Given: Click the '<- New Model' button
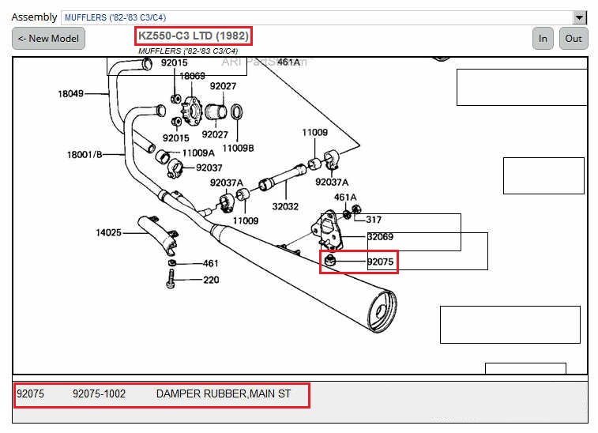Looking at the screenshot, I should point(48,38).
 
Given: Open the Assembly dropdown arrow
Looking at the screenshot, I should point(580,17).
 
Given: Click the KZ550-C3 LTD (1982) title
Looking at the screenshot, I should point(194,36).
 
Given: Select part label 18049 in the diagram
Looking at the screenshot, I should point(70,93).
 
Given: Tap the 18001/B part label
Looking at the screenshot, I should point(85,154).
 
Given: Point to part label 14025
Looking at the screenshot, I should point(109,232).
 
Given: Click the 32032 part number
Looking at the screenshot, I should point(285,205).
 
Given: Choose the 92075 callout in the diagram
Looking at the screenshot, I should point(380,262).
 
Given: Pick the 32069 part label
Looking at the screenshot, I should point(380,236).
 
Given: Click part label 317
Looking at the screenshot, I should point(374,220).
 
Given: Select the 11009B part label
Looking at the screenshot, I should point(238,148).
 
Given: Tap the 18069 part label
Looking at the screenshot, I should point(192,76).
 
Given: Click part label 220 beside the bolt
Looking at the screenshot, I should point(211,280).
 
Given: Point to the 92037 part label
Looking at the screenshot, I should point(209,168).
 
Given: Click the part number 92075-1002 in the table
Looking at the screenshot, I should point(99,393).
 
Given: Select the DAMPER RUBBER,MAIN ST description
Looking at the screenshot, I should point(224,393).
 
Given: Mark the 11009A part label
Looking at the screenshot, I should point(198,152).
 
